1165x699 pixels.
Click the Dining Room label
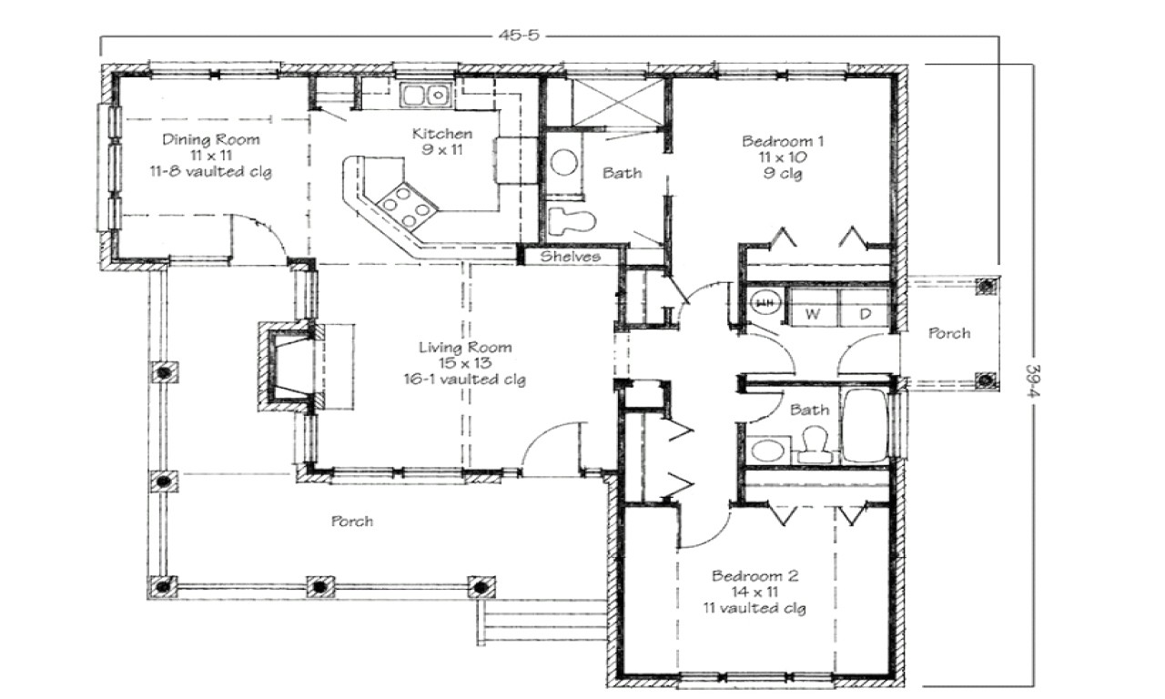click(x=211, y=140)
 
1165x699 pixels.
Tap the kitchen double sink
click(x=425, y=94)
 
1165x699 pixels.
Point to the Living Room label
click(x=464, y=347)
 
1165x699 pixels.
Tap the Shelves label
click(x=571, y=257)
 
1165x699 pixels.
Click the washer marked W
click(x=811, y=313)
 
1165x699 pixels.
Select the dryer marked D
click(x=866, y=313)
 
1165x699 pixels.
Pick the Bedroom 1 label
click(x=783, y=141)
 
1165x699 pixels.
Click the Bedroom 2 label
click(x=755, y=576)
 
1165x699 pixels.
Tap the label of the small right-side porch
click(x=948, y=334)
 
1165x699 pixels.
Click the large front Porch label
click(x=351, y=522)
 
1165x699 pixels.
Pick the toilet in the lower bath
click(x=813, y=443)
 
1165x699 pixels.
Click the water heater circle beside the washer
click(x=766, y=302)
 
